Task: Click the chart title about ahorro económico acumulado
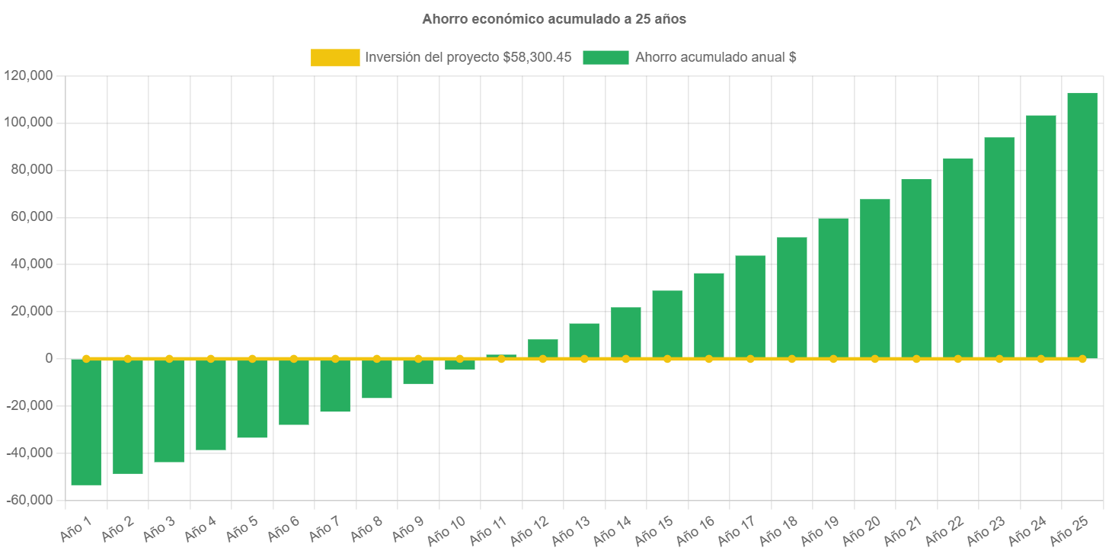554,19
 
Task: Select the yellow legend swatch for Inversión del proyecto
335,57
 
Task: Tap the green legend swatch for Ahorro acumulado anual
606,57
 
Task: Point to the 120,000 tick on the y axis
28,75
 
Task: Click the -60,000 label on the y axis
28,500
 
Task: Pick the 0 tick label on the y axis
48,358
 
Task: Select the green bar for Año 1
86,421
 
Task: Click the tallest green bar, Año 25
1082,225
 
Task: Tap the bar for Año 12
543,348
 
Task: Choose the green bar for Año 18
791,297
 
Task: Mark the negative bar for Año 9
418,371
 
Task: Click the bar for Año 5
252,398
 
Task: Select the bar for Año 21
916,268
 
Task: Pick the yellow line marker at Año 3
169,358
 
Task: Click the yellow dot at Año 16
708,358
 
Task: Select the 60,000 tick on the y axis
31,216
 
